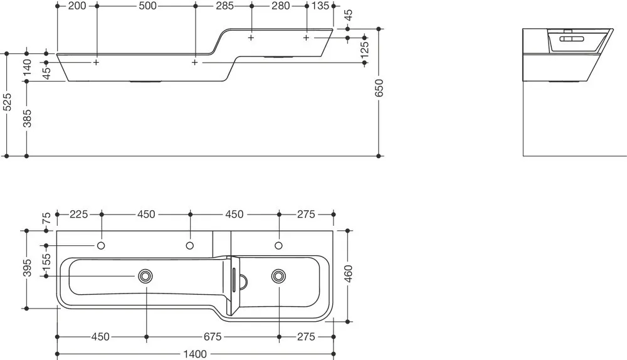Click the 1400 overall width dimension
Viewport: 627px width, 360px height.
coord(195,354)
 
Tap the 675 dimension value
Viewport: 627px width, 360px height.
coord(213,337)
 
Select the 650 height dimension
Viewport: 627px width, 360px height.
coord(379,88)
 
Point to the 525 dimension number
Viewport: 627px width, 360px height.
coord(7,102)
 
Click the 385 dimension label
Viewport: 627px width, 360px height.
coord(27,119)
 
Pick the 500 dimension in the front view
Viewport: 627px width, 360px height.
coord(147,6)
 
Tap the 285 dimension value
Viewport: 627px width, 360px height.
coord(224,6)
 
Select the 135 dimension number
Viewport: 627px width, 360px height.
coord(320,6)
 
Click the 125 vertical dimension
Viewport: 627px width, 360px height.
coord(364,50)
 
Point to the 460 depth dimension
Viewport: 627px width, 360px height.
coord(348,273)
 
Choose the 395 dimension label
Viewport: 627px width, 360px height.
coord(27,268)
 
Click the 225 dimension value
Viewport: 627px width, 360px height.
coord(79,214)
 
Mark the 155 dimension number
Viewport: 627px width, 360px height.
coord(46,261)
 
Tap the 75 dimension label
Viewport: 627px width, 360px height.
coord(46,218)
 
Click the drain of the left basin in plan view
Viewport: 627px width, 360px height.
coord(145,276)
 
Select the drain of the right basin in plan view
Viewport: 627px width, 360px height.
coord(278,276)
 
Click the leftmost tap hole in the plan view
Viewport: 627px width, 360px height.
coord(101,245)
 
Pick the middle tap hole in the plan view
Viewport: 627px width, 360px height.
coord(190,245)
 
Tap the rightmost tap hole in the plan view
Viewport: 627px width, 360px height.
coord(279,245)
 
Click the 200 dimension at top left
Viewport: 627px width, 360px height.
coord(77,6)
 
